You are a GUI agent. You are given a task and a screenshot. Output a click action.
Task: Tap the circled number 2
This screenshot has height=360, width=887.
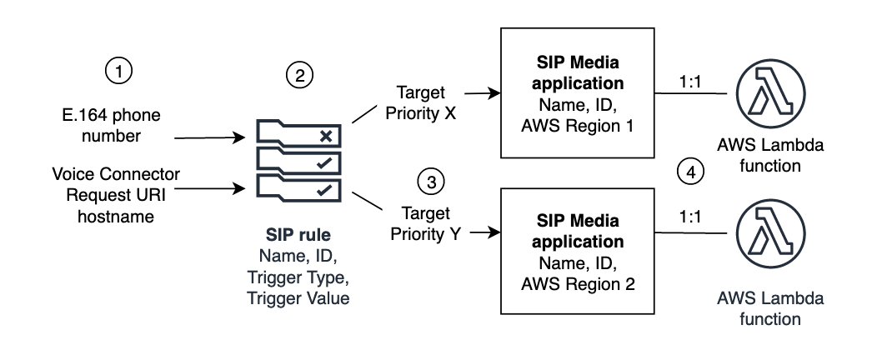pyautogui.click(x=298, y=76)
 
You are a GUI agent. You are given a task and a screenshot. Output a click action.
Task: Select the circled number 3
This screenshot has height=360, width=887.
pyautogui.click(x=430, y=181)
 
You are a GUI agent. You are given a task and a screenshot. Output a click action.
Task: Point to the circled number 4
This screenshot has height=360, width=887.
pyautogui.click(x=690, y=172)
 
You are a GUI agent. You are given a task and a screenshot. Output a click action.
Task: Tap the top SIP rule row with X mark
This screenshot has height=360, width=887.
pyautogui.click(x=298, y=134)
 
